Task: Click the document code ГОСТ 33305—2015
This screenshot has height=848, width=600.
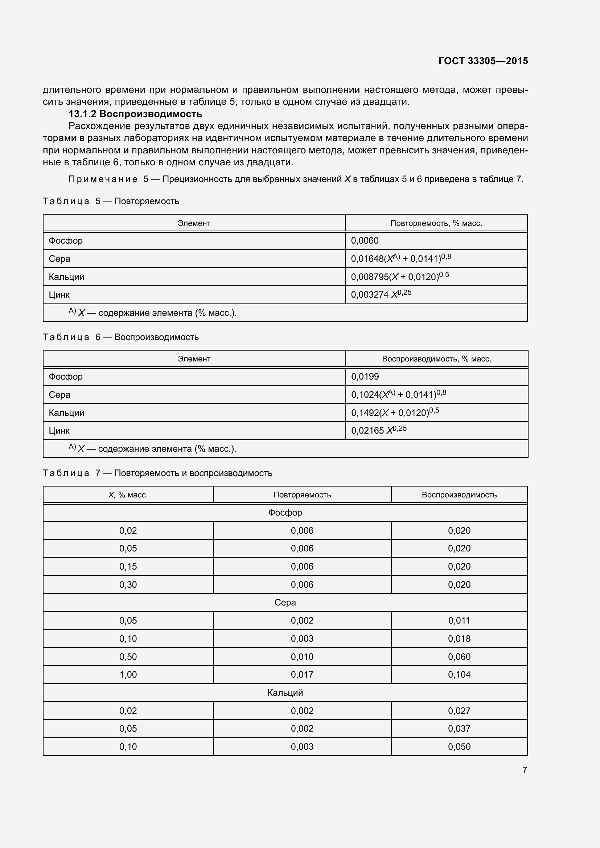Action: coord(483,61)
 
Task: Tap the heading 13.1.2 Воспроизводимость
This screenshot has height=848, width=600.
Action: coord(135,114)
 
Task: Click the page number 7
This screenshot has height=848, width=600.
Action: coord(524,770)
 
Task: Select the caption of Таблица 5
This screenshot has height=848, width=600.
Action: coord(111,201)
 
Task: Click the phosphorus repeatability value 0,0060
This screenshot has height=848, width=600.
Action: coord(365,241)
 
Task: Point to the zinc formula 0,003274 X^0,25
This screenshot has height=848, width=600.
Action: coord(381,294)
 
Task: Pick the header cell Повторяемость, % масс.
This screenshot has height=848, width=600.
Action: coord(436,223)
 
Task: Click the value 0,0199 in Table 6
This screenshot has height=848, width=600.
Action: coord(365,377)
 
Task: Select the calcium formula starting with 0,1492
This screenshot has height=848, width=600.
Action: coord(395,413)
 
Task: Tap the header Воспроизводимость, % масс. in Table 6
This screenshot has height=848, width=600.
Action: coord(436,359)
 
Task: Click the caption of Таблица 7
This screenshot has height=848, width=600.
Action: coord(157,473)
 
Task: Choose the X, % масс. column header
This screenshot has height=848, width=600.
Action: coord(128,495)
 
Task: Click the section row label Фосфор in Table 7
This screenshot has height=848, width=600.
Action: coord(285,513)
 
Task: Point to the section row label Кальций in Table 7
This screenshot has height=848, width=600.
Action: coord(285,693)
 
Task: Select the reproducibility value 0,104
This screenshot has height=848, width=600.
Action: coord(459,675)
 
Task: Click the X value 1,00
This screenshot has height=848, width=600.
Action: coord(128,675)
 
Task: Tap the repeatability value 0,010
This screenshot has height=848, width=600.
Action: coord(302,657)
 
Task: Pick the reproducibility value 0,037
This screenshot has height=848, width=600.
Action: coord(459,729)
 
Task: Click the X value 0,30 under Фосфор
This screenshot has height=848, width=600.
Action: coord(128,585)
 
